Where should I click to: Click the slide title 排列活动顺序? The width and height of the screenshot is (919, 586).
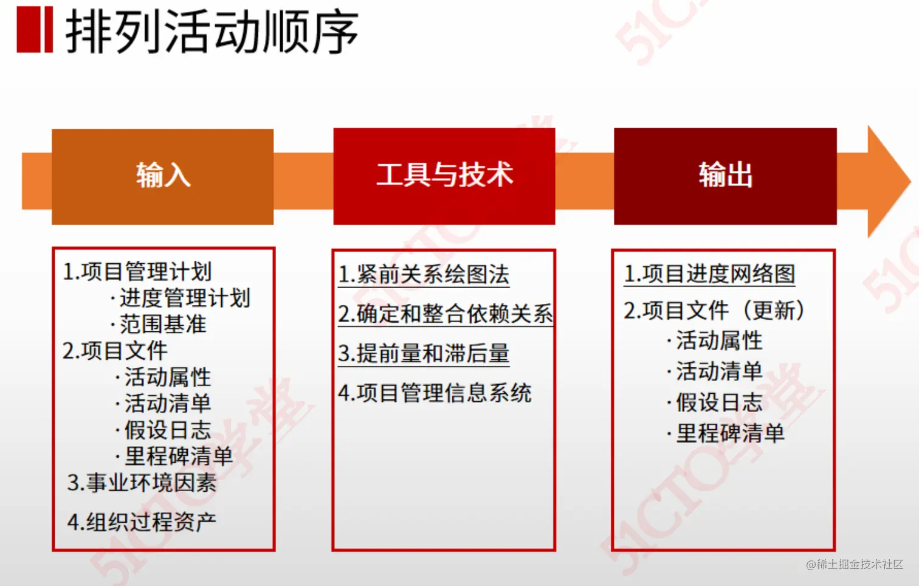coord(211,32)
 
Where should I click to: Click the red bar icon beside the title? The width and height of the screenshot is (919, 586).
coord(35,29)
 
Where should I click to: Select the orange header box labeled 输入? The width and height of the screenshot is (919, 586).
coord(162,176)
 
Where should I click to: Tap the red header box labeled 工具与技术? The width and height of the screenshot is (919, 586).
coord(444,176)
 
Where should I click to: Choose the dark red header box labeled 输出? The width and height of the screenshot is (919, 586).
coord(725,176)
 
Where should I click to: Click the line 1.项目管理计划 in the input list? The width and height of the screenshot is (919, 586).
coord(137,272)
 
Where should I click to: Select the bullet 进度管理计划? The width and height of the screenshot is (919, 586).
coord(184,298)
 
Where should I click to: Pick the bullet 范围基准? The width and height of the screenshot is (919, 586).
coord(162,324)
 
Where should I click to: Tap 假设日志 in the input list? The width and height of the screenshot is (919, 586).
coord(167,430)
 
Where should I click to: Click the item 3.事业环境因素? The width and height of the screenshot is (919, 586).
coord(142,483)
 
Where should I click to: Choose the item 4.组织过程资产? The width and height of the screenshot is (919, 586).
coord(142,522)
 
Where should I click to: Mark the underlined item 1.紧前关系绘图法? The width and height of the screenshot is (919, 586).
coord(424,275)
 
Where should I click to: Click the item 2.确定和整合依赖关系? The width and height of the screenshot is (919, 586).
coord(446,314)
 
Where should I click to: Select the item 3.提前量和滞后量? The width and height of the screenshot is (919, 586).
coord(424,353)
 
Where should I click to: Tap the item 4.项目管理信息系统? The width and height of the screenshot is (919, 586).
coord(435,393)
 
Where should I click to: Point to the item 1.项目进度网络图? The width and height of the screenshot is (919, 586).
coord(709,274)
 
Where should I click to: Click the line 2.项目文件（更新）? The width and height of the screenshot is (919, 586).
coord(715,311)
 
